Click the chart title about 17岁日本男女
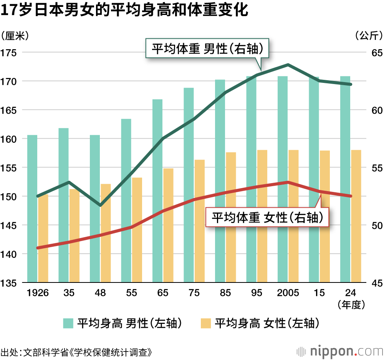click(125, 10)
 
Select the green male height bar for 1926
click(32, 209)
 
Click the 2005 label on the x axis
click(288, 293)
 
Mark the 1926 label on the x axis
click(38, 293)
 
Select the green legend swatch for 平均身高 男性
click(68, 323)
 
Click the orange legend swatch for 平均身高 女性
click(205, 323)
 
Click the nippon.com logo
click(340, 351)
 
